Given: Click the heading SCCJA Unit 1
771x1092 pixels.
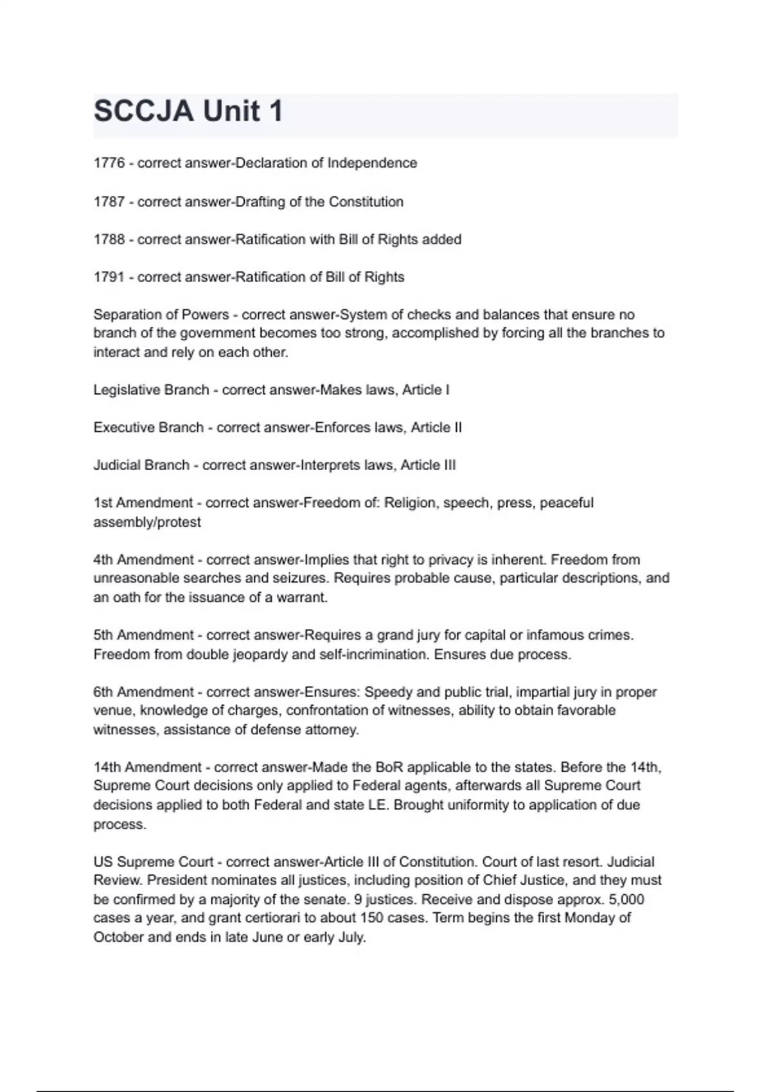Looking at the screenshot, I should pyautogui.click(x=188, y=111).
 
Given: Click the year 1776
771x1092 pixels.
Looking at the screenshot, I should pyautogui.click(x=109, y=163).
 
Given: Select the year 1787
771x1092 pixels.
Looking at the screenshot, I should pyautogui.click(x=109, y=202).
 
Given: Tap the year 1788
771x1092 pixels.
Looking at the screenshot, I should pyautogui.click(x=109, y=240).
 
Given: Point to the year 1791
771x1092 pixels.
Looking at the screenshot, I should pyautogui.click(x=109, y=277).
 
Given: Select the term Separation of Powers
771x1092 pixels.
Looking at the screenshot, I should pyautogui.click(x=161, y=315).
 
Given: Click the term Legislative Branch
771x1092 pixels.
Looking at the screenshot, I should pyautogui.click(x=151, y=390).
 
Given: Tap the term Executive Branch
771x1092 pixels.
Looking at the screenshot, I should pyautogui.click(x=148, y=428).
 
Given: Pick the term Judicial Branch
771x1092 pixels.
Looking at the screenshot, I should pyautogui.click(x=141, y=465).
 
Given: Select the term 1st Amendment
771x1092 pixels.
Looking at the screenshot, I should pyautogui.click(x=143, y=503).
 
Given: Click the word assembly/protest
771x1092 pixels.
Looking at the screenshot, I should pyautogui.click(x=147, y=522).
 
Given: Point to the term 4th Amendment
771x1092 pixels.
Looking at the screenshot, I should pyautogui.click(x=143, y=560).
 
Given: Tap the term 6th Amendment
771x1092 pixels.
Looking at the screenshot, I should pyautogui.click(x=143, y=692).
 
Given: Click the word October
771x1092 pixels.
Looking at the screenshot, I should pyautogui.click(x=119, y=937).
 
